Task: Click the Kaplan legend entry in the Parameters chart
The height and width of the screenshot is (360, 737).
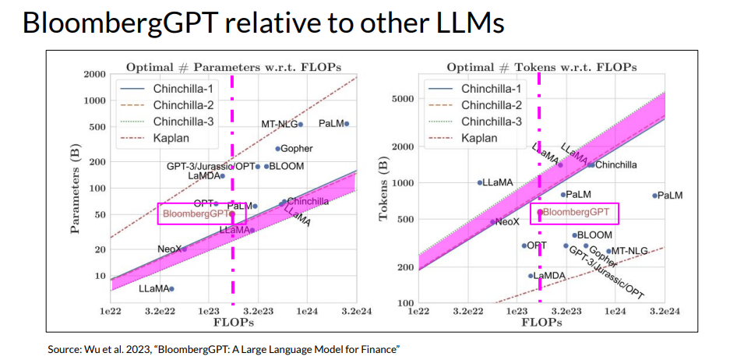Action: (171, 138)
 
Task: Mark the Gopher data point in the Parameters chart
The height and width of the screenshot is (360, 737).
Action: (277, 148)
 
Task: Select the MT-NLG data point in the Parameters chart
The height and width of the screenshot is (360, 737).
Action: (302, 124)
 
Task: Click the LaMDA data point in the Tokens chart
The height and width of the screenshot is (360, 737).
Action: (531, 276)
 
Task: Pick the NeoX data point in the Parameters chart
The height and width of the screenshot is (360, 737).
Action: (184, 249)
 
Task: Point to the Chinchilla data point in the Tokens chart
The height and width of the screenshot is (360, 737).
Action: (591, 164)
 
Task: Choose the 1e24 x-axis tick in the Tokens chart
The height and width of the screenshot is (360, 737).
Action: (615, 311)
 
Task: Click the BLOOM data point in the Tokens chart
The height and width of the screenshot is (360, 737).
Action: (574, 235)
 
